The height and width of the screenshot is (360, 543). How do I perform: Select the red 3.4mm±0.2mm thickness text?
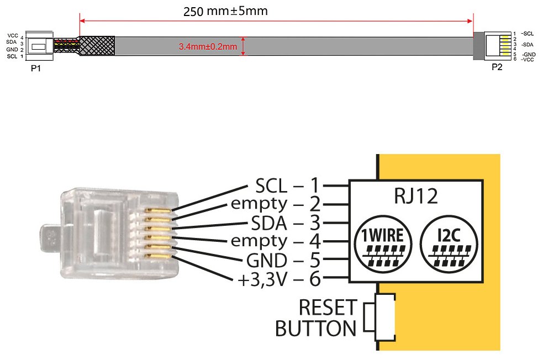tap(208, 47)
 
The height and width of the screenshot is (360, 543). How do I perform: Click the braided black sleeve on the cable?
tap(98, 46)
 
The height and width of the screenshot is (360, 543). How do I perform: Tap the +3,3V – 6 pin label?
tap(279, 279)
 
